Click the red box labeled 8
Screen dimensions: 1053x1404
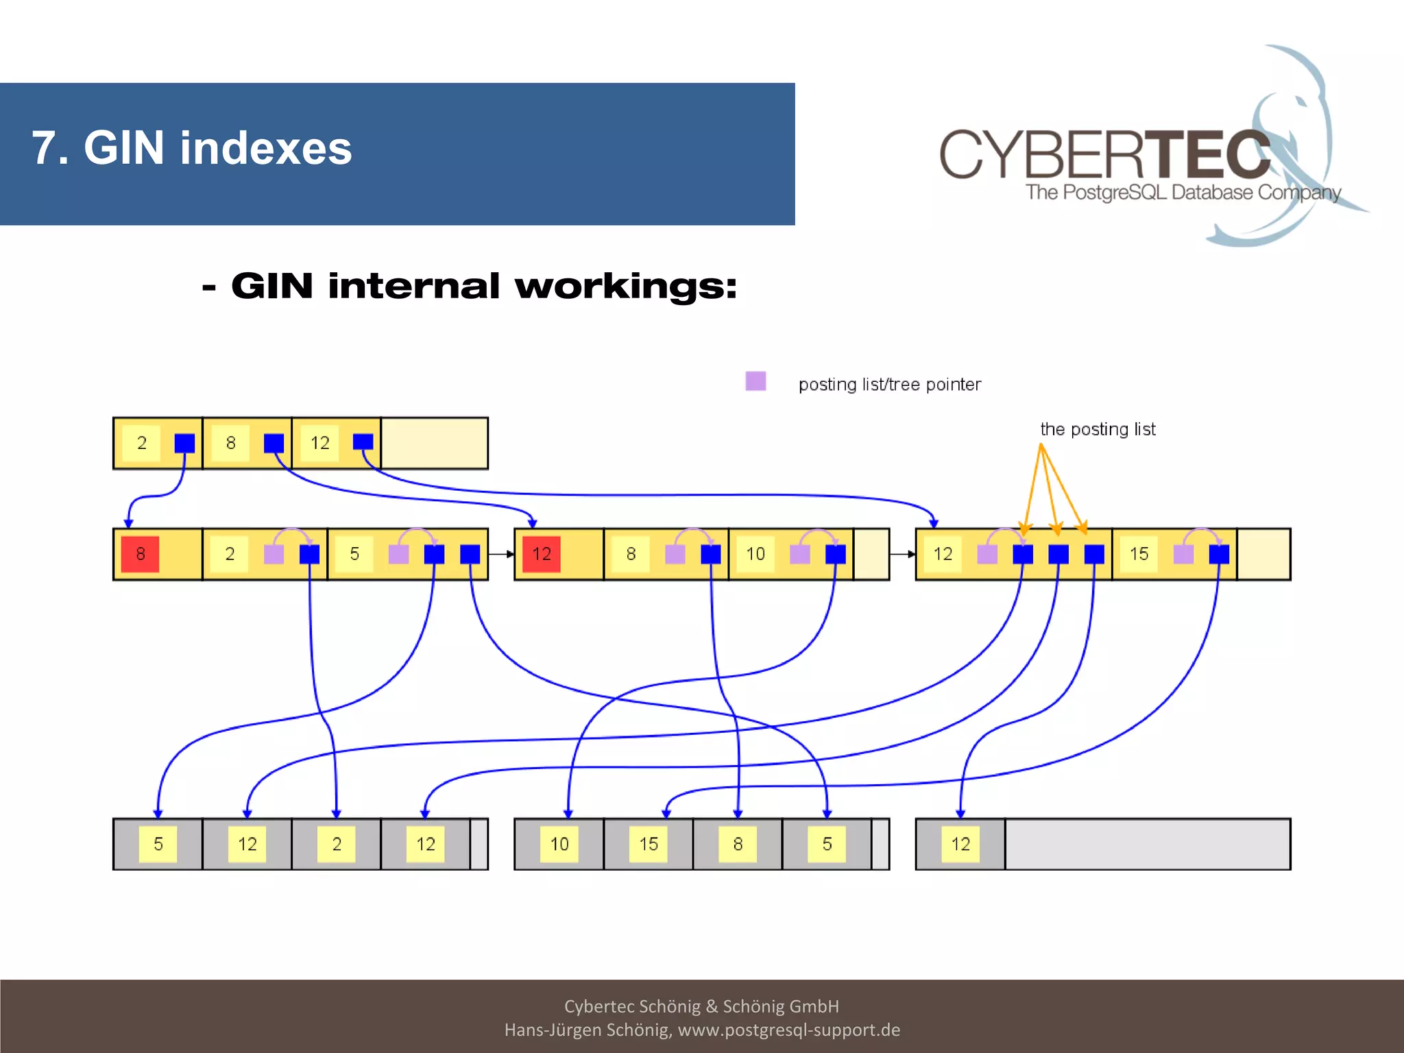(x=140, y=554)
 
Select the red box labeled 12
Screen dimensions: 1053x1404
(x=542, y=554)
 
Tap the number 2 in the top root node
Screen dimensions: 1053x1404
(x=142, y=443)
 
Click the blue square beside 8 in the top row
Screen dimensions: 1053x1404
(x=274, y=443)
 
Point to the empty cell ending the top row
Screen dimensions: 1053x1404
(x=434, y=443)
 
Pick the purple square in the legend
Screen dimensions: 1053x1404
(x=755, y=381)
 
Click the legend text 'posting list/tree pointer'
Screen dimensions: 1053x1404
(x=889, y=385)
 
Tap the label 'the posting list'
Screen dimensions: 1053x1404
(x=1098, y=429)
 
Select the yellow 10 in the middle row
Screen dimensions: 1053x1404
(x=755, y=554)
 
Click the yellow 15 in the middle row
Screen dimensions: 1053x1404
(x=1139, y=554)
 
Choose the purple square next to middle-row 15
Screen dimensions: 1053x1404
(x=1183, y=554)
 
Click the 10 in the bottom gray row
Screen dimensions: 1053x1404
(x=559, y=844)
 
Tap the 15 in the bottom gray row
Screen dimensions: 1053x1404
(x=649, y=844)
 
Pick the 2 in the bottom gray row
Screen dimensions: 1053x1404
(x=337, y=844)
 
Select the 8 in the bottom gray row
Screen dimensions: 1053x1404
(x=738, y=844)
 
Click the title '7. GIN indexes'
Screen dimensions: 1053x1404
(x=192, y=148)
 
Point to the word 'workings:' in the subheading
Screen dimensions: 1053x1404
(x=626, y=287)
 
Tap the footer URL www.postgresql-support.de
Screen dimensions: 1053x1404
(x=788, y=1030)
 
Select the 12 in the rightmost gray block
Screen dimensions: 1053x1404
(x=960, y=844)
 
